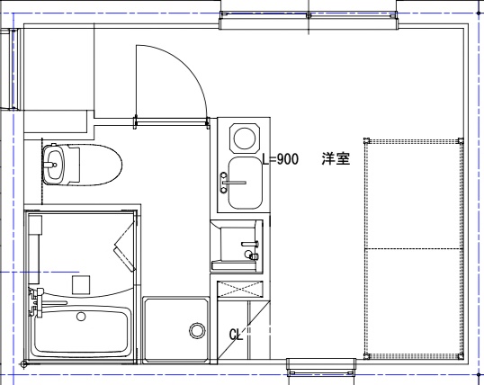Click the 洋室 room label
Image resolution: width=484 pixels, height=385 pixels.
[336, 158]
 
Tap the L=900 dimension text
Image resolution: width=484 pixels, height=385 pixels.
[281, 159]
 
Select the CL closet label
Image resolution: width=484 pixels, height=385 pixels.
[236, 335]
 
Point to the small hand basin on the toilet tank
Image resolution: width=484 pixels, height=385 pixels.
[54, 165]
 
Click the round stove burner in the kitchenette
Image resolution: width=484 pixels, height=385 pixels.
[245, 139]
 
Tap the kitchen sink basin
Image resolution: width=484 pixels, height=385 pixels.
[245, 183]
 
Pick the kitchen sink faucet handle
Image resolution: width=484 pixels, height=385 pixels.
[234, 183]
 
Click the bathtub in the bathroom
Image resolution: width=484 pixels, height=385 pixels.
[81, 330]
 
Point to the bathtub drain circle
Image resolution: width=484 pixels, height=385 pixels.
[81, 317]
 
